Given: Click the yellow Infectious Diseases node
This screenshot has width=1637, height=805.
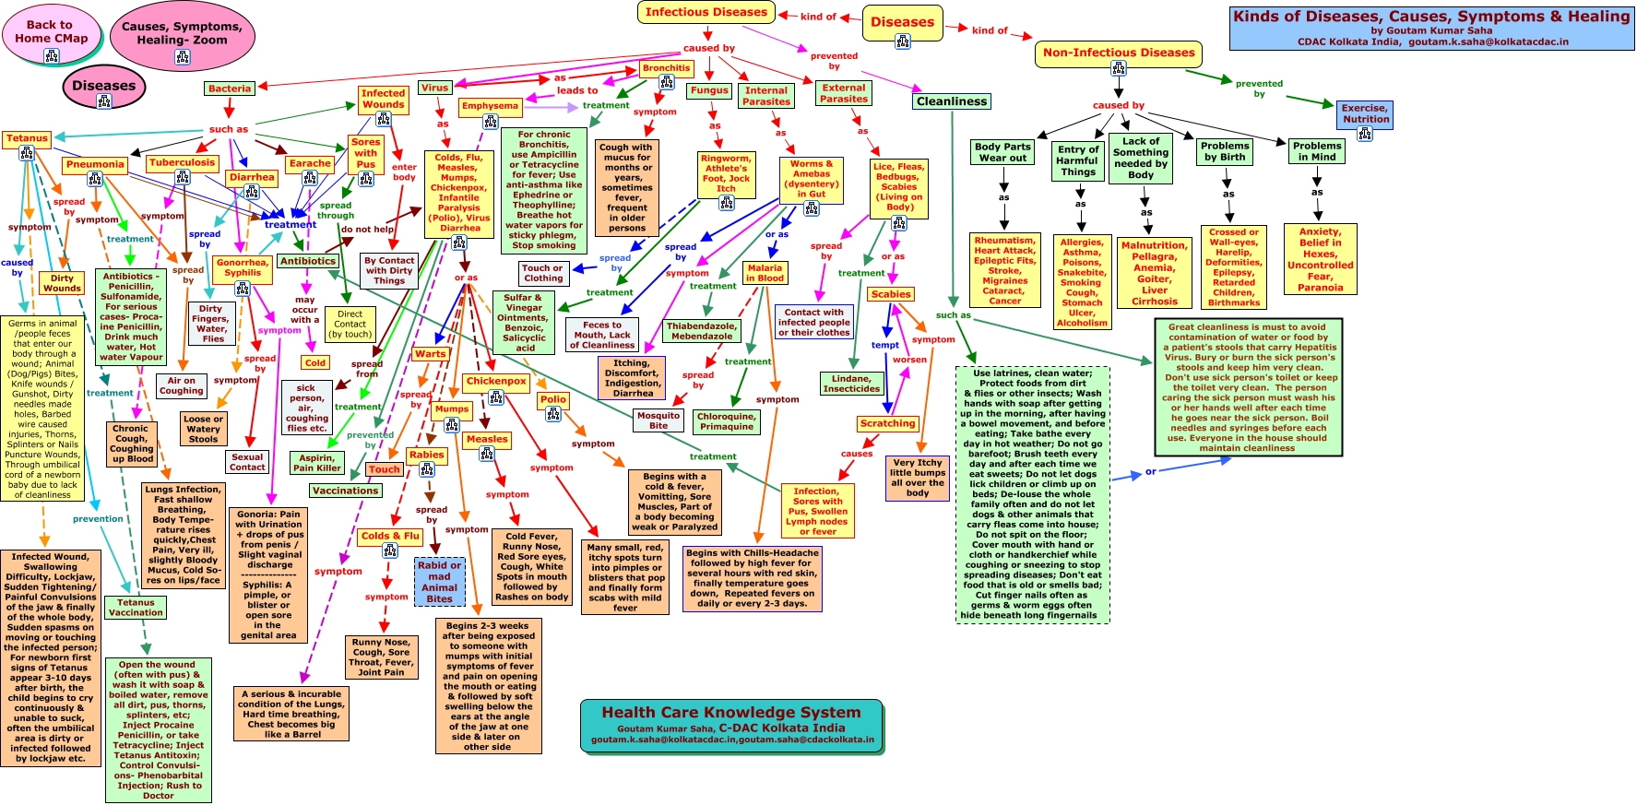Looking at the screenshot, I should click(706, 12).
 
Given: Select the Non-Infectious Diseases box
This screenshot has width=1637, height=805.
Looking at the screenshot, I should click(1118, 53).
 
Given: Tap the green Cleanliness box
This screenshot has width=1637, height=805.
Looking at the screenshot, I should click(952, 101).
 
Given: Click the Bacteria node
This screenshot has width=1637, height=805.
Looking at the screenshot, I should click(230, 89).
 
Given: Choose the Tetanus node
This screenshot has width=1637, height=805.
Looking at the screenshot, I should click(27, 138).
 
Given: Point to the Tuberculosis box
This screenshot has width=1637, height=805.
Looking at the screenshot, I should click(182, 163).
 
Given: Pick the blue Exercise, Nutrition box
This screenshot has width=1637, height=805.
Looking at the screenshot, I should click(1365, 113).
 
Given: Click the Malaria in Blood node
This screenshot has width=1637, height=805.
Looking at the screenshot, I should click(765, 273).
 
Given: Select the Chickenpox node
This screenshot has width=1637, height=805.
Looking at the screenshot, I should click(496, 381).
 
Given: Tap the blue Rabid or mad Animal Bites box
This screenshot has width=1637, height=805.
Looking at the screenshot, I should click(439, 582).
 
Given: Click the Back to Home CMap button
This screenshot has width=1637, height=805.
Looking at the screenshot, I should click(51, 31).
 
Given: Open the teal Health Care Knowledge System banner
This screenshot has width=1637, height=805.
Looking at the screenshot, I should click(731, 725).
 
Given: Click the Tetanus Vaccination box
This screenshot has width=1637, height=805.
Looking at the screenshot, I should click(136, 608).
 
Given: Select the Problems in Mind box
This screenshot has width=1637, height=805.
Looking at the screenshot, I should click(1316, 151).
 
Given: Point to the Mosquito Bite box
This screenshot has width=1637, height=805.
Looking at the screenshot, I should click(658, 420).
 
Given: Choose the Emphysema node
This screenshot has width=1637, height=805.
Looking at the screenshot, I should click(490, 106).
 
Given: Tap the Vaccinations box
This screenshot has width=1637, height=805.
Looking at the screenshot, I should click(345, 491).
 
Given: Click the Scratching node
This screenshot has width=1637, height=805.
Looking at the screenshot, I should click(887, 424).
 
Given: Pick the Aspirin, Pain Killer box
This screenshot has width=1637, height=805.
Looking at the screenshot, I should click(317, 463).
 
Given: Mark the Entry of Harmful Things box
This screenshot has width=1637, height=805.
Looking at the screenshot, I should click(1078, 160).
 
